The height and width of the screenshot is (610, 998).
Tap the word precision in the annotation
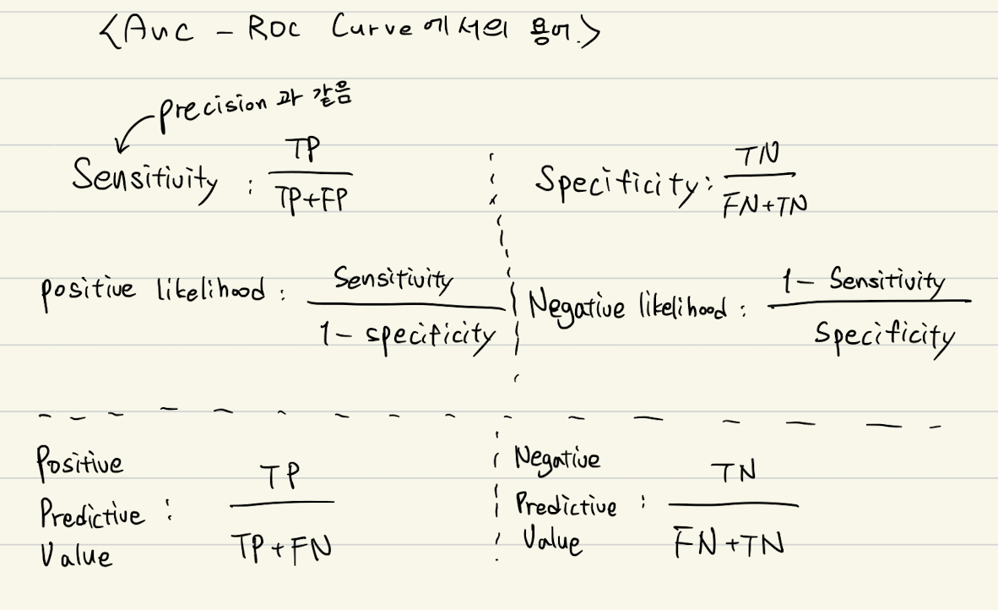[212, 106]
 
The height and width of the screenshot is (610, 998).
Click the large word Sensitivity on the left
[144, 177]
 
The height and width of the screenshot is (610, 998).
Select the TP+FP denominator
[310, 200]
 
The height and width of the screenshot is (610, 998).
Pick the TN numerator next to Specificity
[757, 155]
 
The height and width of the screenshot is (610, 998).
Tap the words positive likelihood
[160, 292]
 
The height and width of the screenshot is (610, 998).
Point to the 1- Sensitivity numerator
[861, 280]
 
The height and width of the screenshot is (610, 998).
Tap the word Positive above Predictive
[79, 463]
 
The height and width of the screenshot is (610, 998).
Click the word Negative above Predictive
[557, 459]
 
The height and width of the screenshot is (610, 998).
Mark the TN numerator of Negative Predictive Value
[732, 473]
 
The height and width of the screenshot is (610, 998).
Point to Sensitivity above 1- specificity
[393, 279]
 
